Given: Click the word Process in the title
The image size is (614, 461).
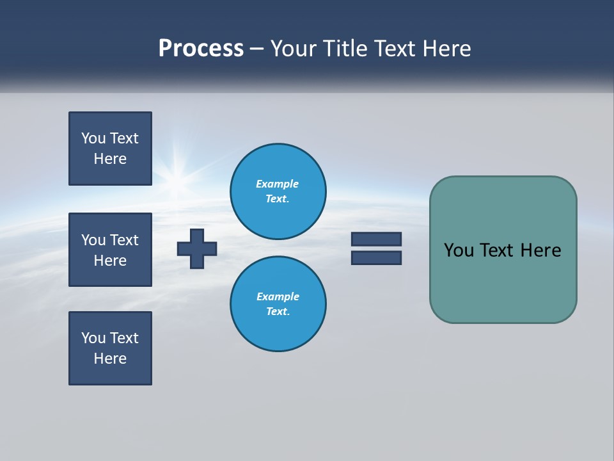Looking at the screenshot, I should tap(201, 49).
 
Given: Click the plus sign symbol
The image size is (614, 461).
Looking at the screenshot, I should tap(197, 248).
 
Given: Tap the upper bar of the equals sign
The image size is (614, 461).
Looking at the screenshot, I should tap(376, 239).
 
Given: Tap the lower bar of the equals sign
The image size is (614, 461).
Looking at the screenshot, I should tap(376, 257).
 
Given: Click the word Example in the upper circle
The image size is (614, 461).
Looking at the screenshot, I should tap(278, 184).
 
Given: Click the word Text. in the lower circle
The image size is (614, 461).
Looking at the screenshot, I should tap(278, 311).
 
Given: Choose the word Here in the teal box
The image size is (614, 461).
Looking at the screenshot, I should tap(540, 250).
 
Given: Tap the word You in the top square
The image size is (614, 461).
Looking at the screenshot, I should tap(93, 138).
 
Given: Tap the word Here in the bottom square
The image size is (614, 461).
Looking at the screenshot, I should tap(110, 359).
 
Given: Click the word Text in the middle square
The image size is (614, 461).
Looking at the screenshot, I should tap(124, 240).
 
